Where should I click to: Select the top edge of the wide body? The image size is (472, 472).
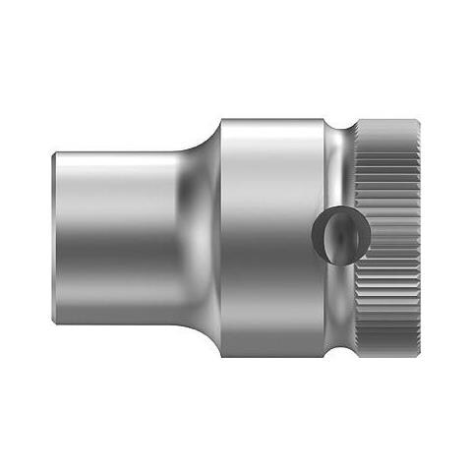pyautogui.click(x=270, y=120)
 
